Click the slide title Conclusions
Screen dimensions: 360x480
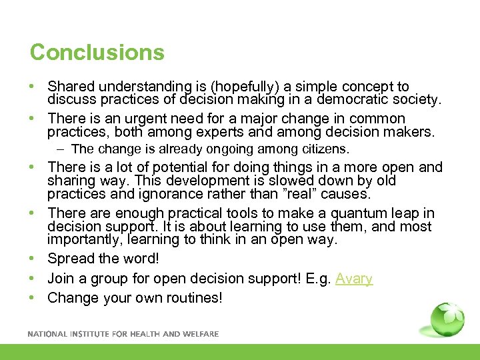[97, 52]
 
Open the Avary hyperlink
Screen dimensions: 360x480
[354, 279]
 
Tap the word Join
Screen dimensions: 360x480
[61, 279]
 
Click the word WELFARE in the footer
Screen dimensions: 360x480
[200, 334]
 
